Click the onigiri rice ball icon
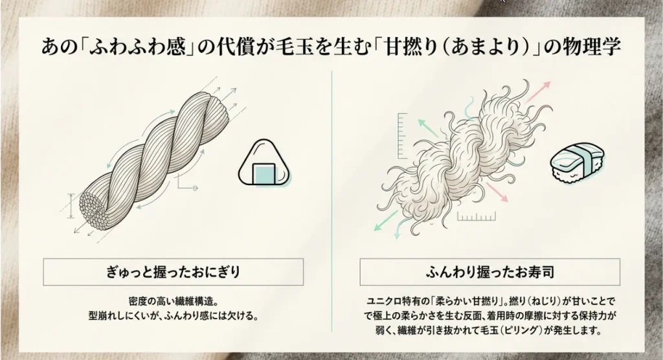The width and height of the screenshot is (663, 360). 265,164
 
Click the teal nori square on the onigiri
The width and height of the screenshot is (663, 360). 264,174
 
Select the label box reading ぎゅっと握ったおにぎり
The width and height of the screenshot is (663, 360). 174,272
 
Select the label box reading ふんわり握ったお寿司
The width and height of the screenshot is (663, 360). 490,272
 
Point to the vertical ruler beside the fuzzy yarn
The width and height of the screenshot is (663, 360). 402,135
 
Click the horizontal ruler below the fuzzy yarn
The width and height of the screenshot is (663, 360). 477,216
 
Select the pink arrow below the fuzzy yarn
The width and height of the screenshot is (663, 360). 497,192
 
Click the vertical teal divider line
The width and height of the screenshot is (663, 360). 332,201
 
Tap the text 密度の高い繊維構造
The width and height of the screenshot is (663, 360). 174,302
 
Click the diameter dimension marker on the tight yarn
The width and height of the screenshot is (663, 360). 71,206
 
